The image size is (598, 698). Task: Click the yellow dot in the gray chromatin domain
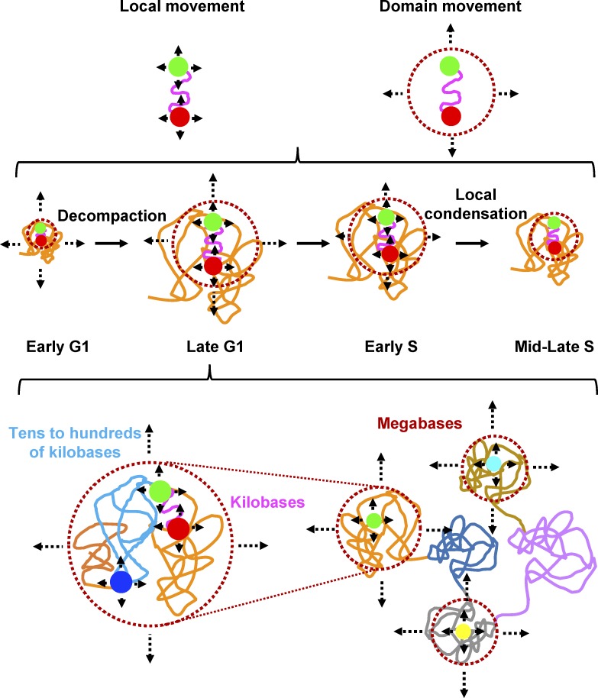coord(461,631)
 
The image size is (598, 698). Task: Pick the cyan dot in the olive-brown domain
coord(494,464)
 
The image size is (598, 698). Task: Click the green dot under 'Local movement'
coord(179,66)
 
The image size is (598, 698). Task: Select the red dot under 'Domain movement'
coord(451,116)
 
